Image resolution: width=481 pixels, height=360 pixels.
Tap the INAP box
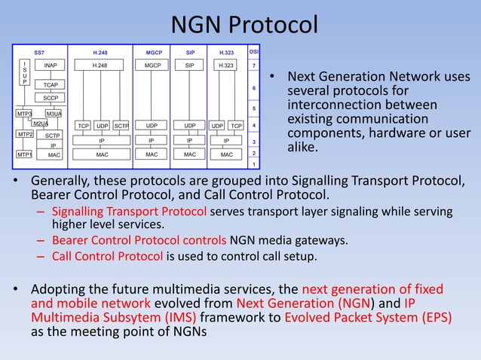pos(51,66)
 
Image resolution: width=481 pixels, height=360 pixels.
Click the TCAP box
pos(51,85)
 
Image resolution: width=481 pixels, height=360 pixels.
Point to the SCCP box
pos(51,98)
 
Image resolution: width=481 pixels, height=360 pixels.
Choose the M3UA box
pos(53,114)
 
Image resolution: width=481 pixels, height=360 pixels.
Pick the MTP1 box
pos(24,154)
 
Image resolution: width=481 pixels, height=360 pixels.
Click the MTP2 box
pos(24,134)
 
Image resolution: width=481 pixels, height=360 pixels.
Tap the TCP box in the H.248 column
pos(83,125)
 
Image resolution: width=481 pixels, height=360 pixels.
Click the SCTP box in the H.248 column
pos(121,125)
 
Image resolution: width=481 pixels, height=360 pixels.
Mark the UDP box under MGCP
pos(152,125)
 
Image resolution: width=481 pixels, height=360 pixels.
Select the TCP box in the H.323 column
pos(236,125)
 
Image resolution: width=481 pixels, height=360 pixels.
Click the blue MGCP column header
pos(153,53)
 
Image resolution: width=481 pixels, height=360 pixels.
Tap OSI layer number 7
pos(254,66)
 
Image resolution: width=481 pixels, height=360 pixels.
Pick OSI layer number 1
pos(254,163)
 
